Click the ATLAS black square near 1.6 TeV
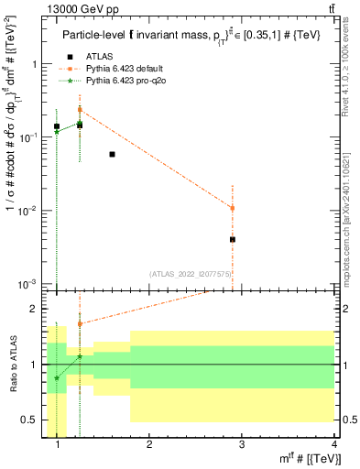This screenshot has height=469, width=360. pyautogui.click(x=112, y=154)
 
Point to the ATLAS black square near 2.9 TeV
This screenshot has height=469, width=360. pyautogui.click(x=233, y=239)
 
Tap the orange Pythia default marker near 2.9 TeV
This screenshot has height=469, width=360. pyautogui.click(x=233, y=208)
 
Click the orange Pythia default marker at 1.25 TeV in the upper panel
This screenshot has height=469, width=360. pyautogui.click(x=80, y=109)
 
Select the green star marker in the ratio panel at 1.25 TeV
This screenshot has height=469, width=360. pyautogui.click(x=80, y=356)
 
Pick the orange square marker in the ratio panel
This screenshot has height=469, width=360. pyautogui.click(x=80, y=323)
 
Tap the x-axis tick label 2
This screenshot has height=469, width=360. pyautogui.click(x=149, y=444)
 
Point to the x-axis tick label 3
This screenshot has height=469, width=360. pyautogui.click(x=241, y=444)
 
